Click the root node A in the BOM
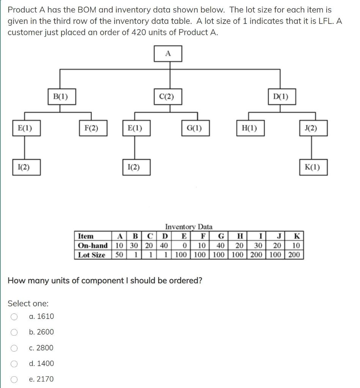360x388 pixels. click(168, 54)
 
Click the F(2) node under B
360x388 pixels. click(91, 128)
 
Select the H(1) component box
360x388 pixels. click(249, 128)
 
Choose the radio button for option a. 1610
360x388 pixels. click(14, 316)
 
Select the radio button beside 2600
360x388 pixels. click(14, 332)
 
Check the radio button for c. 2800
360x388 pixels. click(14, 348)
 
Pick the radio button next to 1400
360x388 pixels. click(14, 364)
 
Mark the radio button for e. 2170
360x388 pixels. click(14, 379)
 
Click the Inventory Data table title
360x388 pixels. click(189, 227)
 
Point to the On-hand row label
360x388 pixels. click(93, 246)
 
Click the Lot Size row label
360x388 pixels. click(91, 255)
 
